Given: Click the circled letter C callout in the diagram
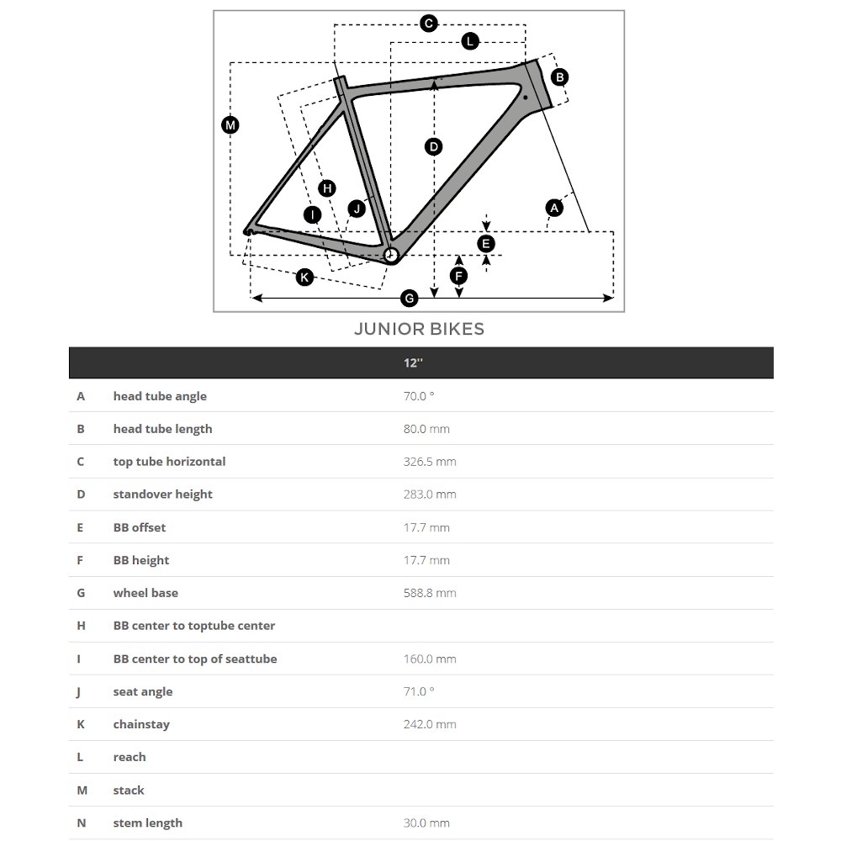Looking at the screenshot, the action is click(x=429, y=24).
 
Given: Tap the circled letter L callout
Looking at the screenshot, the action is click(x=470, y=41).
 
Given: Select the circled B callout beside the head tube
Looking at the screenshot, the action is click(x=560, y=77).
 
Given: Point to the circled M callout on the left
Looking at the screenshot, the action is click(x=230, y=125).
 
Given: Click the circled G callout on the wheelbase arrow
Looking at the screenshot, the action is click(x=410, y=299).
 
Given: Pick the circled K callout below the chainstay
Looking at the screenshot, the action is click(x=304, y=278).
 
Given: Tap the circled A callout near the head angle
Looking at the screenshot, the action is click(x=554, y=208).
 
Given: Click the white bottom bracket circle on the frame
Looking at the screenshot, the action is click(x=390, y=255).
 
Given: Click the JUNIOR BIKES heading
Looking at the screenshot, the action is click(x=419, y=329).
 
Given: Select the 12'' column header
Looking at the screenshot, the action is click(x=413, y=363).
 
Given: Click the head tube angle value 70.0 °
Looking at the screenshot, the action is click(x=419, y=396).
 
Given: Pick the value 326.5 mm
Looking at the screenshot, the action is click(x=430, y=462).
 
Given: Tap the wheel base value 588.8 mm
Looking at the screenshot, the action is click(x=430, y=593).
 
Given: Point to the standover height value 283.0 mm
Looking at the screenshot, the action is click(x=430, y=495).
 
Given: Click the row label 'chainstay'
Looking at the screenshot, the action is click(x=141, y=725).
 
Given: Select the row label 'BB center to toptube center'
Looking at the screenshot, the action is click(x=193, y=626).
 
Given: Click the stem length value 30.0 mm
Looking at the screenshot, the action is click(x=426, y=823).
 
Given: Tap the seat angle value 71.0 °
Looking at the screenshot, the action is click(x=419, y=692).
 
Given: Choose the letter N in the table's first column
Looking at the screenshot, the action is click(x=82, y=823).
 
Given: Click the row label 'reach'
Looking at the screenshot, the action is click(x=130, y=758).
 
